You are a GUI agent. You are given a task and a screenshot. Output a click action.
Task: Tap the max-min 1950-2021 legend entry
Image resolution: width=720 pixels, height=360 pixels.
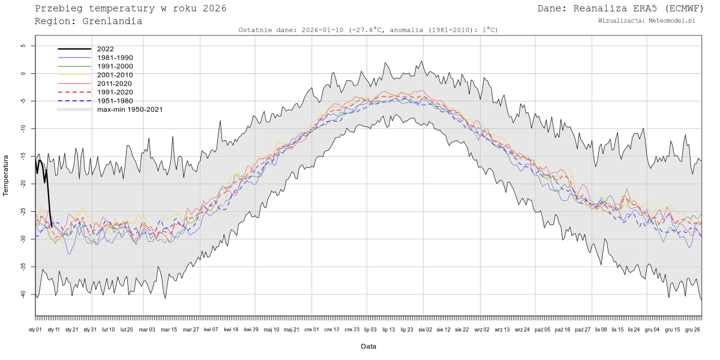(x=130, y=109)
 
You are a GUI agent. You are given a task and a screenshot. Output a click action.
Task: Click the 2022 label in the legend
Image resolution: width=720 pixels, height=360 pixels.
(x=105, y=49)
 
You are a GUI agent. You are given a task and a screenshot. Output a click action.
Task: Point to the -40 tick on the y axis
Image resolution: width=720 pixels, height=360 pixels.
(x=25, y=294)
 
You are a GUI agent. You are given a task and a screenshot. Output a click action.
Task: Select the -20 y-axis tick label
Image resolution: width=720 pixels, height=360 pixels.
(x=25, y=184)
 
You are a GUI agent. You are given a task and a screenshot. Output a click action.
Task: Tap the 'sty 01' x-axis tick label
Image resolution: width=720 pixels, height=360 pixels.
(x=35, y=329)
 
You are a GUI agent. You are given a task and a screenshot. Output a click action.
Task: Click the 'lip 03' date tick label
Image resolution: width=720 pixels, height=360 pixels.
(x=370, y=329)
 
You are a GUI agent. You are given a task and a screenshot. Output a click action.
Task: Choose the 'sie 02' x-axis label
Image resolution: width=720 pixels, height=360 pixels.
(x=425, y=329)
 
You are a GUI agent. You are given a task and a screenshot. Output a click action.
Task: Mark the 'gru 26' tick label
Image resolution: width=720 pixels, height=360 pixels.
(x=692, y=329)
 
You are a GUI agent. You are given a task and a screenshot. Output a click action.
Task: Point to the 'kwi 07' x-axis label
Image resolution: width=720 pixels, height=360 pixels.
(x=211, y=329)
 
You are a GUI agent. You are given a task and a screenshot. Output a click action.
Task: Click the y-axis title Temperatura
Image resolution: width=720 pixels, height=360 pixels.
(x=6, y=176)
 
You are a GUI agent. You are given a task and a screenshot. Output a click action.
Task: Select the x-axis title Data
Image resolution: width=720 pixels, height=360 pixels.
(x=368, y=346)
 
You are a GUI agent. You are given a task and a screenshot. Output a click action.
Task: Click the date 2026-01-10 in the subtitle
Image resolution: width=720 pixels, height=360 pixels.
(x=323, y=30)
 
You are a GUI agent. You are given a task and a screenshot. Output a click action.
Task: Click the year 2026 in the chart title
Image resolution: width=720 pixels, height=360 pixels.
(x=215, y=8)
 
